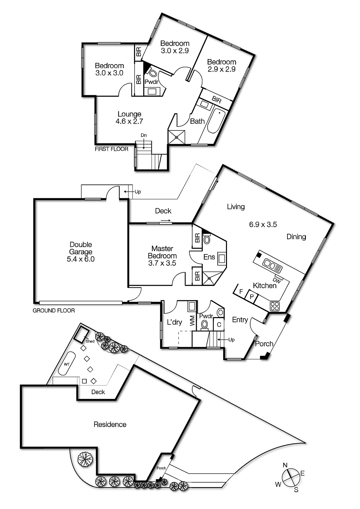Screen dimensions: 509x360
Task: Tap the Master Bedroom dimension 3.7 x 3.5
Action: [x=162, y=263]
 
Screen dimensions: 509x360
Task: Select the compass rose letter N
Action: [x=285, y=465]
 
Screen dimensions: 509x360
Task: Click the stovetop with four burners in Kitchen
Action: [x=275, y=306]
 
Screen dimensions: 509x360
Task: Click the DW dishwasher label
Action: [x=277, y=281]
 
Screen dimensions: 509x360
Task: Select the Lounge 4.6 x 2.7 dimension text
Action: [x=129, y=121]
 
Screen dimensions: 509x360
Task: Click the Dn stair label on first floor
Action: [x=144, y=136]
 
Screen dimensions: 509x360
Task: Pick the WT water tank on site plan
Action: [x=67, y=364]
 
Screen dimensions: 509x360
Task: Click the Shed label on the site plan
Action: [x=90, y=341]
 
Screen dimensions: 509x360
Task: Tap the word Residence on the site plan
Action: [x=110, y=424]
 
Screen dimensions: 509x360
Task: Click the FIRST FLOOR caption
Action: [x=111, y=149]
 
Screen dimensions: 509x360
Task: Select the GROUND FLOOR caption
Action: [x=54, y=310]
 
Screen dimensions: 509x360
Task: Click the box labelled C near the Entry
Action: [x=219, y=325]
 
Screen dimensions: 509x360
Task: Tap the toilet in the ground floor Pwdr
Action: [x=204, y=324]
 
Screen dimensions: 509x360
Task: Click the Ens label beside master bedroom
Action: [x=209, y=257]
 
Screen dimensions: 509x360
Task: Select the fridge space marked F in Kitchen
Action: [x=241, y=291]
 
